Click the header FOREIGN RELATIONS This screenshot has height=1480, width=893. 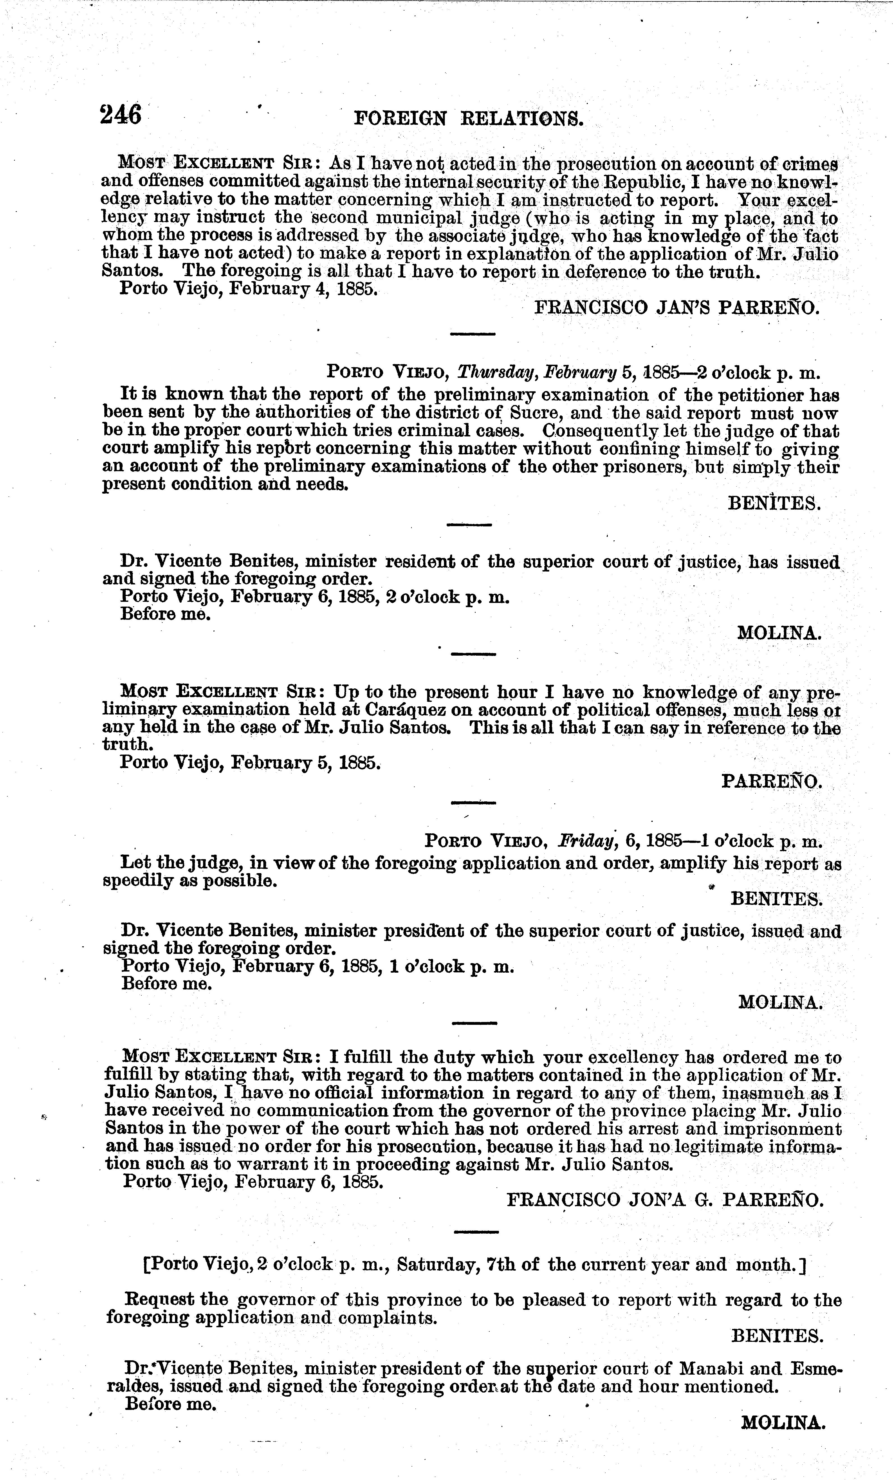coord(469,118)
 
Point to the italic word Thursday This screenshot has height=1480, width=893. coord(497,373)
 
